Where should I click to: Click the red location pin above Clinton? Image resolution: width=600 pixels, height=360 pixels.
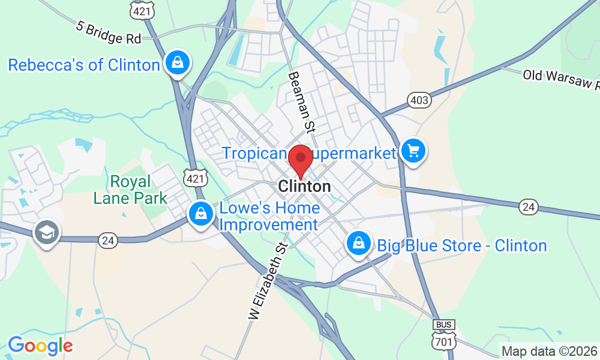[301, 159]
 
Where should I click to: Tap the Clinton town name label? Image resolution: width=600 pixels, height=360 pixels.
[305, 187]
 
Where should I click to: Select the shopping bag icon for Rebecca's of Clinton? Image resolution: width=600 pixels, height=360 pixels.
[178, 62]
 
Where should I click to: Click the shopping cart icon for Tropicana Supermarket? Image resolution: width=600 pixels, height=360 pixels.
[413, 151]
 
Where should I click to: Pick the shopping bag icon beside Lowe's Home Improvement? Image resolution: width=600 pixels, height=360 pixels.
[199, 214]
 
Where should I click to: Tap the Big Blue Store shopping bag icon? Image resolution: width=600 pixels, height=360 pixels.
[358, 243]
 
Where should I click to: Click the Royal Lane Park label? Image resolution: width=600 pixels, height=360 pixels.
[130, 189]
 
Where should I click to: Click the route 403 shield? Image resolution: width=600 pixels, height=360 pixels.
[419, 100]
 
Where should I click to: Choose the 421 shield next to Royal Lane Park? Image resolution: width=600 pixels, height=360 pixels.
[196, 177]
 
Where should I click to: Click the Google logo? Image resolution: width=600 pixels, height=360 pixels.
[40, 346]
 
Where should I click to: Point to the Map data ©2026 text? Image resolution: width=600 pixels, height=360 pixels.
[549, 352]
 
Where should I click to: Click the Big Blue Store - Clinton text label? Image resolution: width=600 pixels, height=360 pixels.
[461, 246]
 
